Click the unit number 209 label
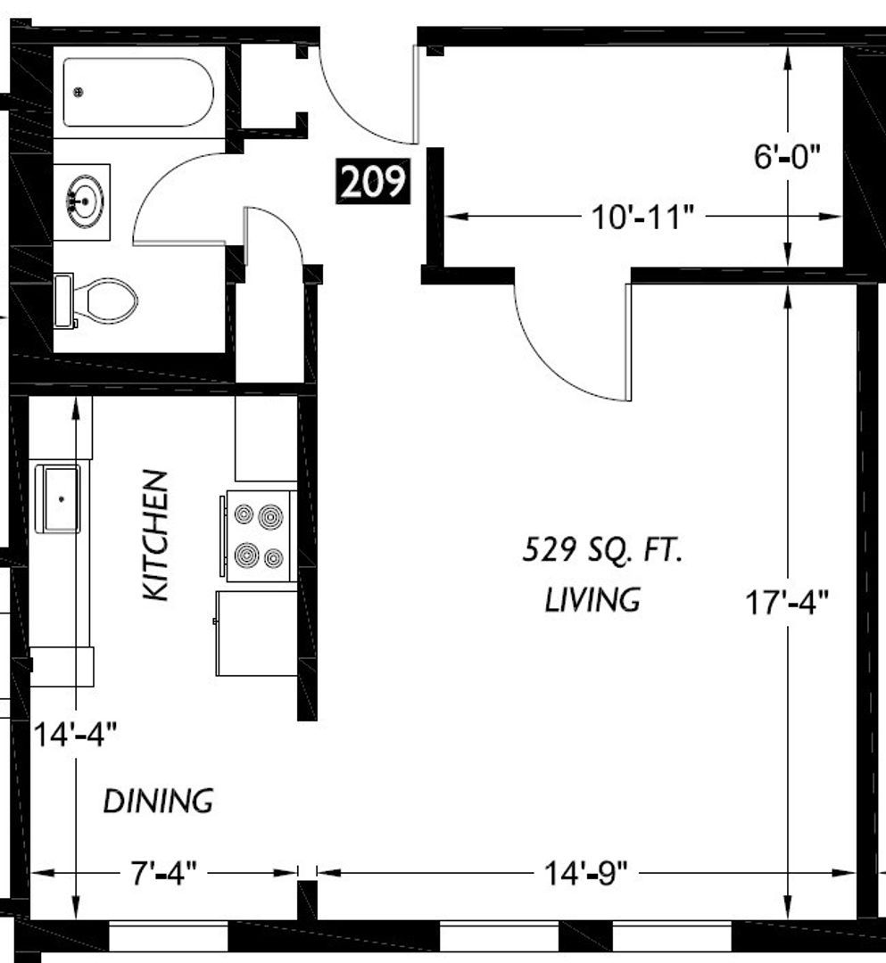(x=372, y=182)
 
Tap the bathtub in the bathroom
(x=138, y=92)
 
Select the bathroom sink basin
(x=86, y=201)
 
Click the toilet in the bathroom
(x=95, y=301)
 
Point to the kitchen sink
(x=58, y=498)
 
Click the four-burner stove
(x=259, y=536)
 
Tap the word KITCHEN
(x=155, y=535)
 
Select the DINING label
(x=158, y=802)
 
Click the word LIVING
(x=592, y=599)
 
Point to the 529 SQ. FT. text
(x=602, y=549)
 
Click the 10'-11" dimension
(x=642, y=218)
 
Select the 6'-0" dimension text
(x=787, y=156)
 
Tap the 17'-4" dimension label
(x=787, y=603)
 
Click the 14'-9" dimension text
(x=587, y=873)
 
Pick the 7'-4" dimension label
(x=164, y=873)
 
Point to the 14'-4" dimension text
(x=74, y=735)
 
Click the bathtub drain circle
(x=78, y=92)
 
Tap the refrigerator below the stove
(x=257, y=633)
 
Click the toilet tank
(x=63, y=301)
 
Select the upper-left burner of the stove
(x=244, y=514)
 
